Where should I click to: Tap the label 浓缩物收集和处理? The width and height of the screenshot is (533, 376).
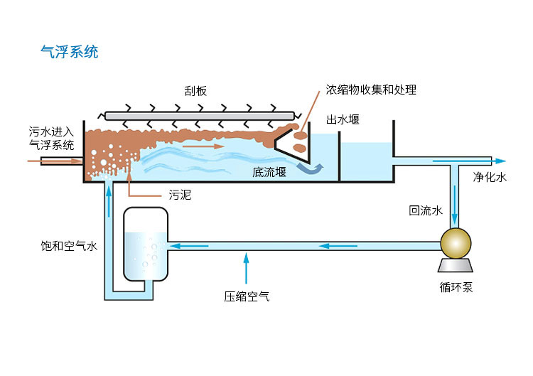coord(371,90)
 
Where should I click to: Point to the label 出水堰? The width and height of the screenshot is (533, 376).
coord(343,119)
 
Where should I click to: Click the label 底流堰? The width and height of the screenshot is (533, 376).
coord(269,171)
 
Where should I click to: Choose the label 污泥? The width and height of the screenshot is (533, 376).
coord(179,195)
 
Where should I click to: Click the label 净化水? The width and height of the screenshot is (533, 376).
coord(490,178)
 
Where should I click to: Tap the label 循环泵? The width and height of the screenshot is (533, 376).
coord(456,287)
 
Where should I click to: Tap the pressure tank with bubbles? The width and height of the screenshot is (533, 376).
coord(146,245)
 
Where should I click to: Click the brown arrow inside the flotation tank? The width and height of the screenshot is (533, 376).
coord(203,146)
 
